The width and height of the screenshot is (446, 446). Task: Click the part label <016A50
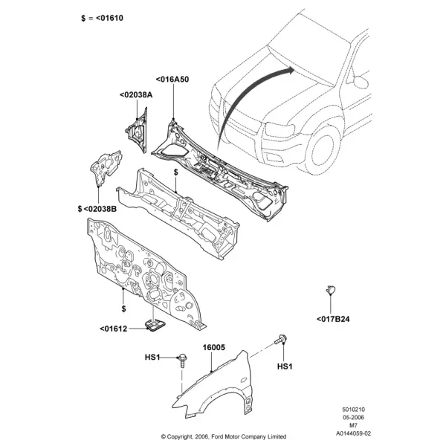(x=172, y=80)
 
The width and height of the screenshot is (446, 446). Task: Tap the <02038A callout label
(x=136, y=94)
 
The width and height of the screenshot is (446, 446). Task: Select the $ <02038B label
(x=97, y=209)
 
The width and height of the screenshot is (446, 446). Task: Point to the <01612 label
(x=114, y=329)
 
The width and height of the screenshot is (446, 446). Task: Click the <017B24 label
(x=333, y=319)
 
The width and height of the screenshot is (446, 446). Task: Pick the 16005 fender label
(x=213, y=347)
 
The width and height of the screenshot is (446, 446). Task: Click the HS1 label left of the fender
(x=152, y=357)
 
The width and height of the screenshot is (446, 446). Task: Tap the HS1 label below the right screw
(x=285, y=366)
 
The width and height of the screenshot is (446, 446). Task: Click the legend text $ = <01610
(x=102, y=18)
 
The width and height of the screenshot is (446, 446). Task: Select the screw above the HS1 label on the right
(x=281, y=340)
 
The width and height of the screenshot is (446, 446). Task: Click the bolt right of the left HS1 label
(x=182, y=361)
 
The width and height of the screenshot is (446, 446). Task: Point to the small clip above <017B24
(x=331, y=290)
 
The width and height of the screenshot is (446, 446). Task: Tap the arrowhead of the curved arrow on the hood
(x=291, y=71)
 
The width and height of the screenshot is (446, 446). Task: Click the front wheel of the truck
(x=323, y=150)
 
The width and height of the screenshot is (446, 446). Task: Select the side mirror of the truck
(x=361, y=82)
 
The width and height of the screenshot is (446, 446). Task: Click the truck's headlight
(x=280, y=130)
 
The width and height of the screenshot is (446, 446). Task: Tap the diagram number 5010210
(x=353, y=410)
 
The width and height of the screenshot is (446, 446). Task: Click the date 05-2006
(x=353, y=418)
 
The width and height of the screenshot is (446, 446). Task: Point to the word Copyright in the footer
(x=179, y=436)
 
